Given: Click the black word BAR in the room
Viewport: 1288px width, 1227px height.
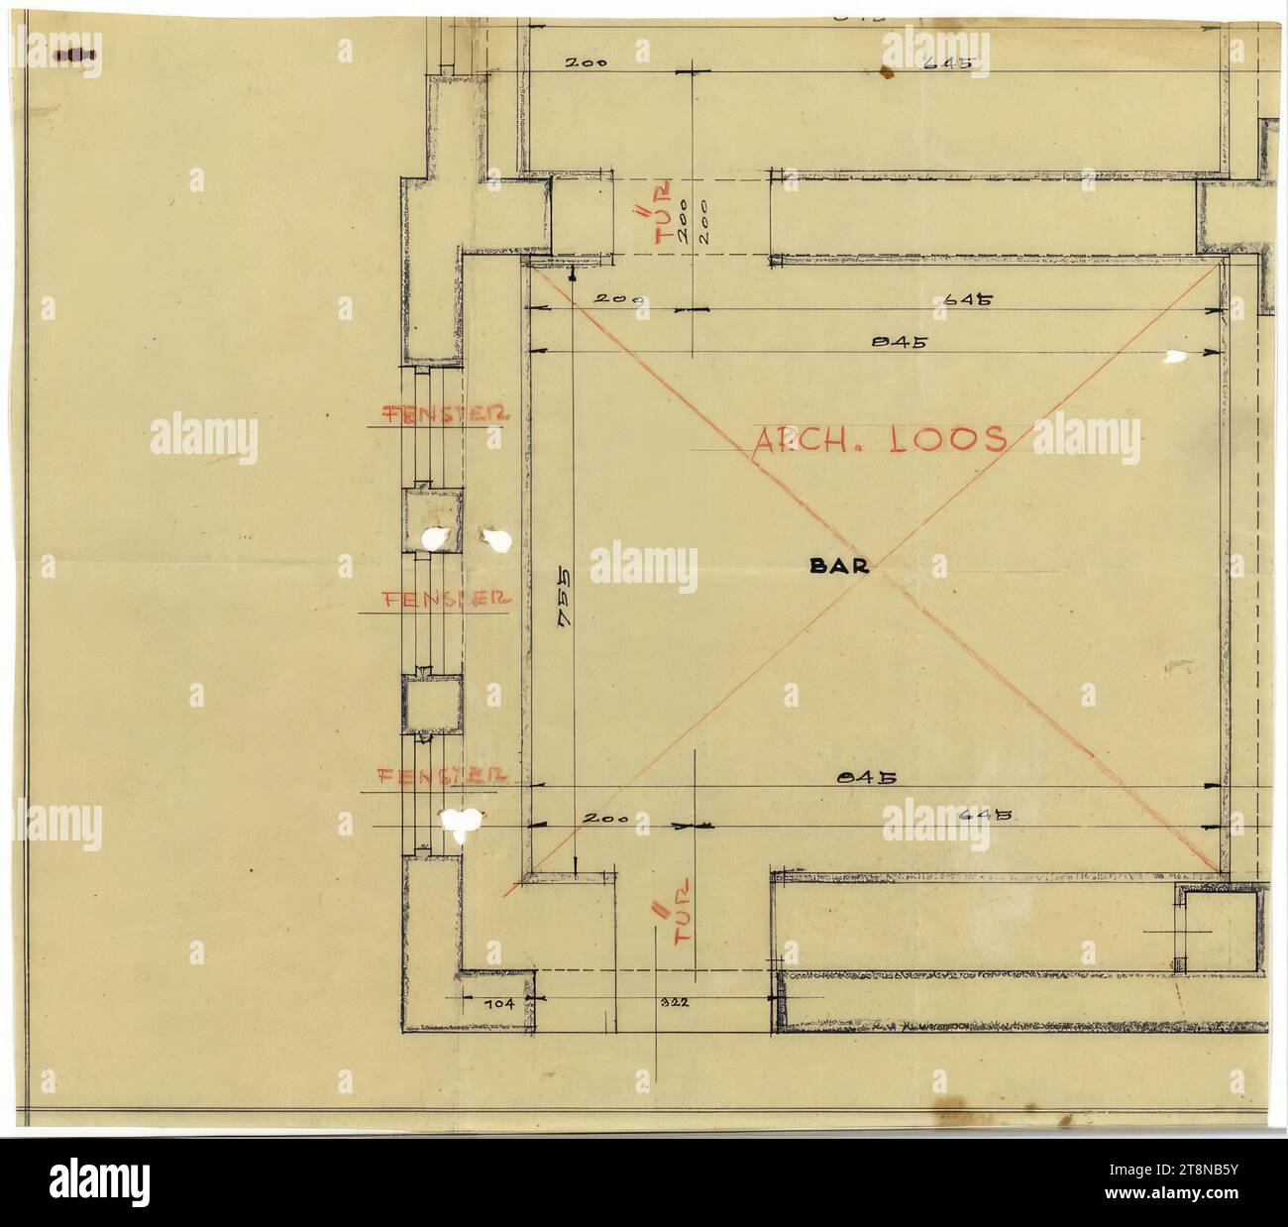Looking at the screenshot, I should click(839, 567).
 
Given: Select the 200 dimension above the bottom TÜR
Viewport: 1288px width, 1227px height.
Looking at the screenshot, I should click(604, 820).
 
